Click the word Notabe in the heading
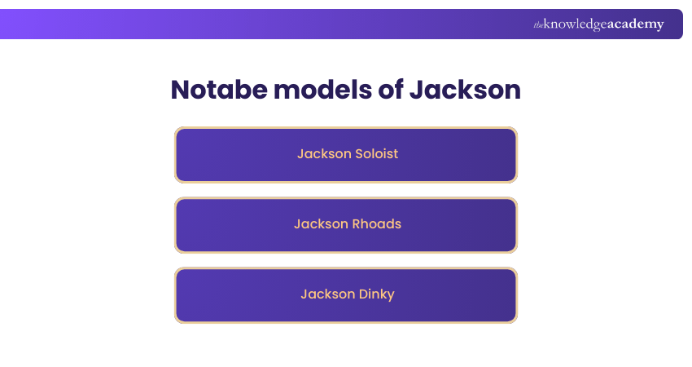217,90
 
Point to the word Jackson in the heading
465,90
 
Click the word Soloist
374,153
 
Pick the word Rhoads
376,223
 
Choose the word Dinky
376,294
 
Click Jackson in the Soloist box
321,153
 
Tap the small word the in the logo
538,25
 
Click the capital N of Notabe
181,90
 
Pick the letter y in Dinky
390,296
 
